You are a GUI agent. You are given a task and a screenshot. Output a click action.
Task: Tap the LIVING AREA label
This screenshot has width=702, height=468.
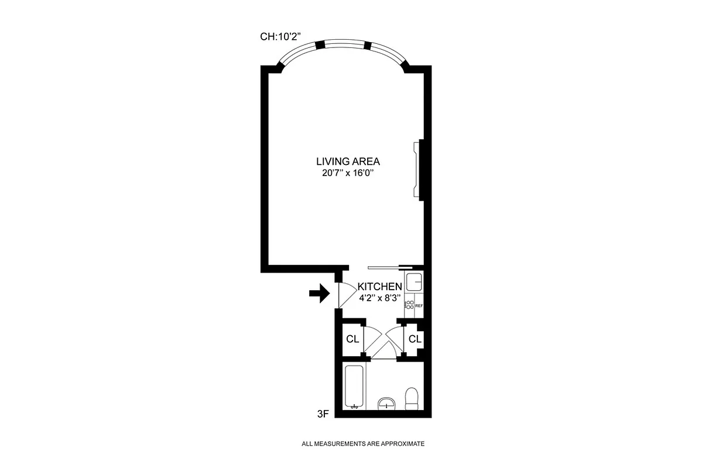click(x=348, y=161)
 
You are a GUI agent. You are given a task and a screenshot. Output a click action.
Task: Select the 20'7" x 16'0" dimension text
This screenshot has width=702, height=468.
click(x=348, y=173)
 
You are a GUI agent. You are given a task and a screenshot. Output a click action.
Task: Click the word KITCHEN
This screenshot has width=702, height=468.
click(x=380, y=287)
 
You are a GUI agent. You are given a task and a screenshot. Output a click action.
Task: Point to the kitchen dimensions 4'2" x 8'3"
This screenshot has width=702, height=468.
click(x=379, y=297)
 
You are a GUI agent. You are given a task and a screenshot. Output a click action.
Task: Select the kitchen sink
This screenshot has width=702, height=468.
click(x=415, y=282)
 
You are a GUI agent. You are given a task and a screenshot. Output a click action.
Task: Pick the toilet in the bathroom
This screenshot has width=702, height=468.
click(x=412, y=398)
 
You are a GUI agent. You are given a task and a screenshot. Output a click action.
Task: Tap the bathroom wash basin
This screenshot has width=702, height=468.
click(x=386, y=403)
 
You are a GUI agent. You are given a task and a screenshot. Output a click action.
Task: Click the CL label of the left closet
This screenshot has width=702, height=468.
click(x=352, y=339)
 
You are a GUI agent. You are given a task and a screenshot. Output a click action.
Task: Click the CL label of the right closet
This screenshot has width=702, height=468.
click(x=415, y=339)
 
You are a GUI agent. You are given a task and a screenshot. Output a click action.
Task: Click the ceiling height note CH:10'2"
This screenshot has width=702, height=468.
click(x=280, y=36)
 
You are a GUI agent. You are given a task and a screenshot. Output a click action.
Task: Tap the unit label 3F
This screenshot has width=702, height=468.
click(x=323, y=414)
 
